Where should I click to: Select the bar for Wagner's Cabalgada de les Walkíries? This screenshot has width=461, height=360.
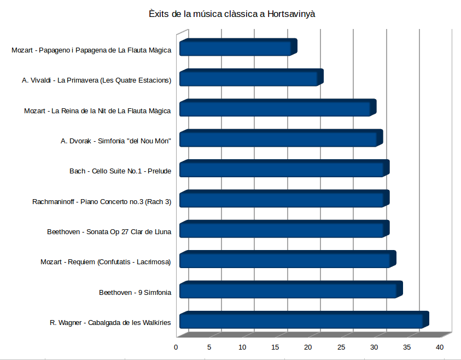click(302, 321)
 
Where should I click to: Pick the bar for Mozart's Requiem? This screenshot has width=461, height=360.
click(285, 260)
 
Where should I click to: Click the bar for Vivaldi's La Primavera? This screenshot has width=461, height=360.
click(249, 78)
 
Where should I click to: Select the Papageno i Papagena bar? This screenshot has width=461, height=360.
click(236, 48)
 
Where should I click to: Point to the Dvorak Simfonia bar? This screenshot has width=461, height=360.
click(279, 139)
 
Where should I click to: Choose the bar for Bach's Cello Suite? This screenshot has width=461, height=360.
click(282, 169)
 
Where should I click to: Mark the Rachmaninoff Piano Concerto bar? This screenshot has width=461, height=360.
click(282, 200)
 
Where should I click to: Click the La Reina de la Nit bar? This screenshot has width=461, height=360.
click(276, 108)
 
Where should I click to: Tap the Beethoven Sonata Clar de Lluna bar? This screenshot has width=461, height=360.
click(282, 230)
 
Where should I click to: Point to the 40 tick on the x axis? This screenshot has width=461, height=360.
click(440, 347)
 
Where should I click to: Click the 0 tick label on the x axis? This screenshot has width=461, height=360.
click(176, 347)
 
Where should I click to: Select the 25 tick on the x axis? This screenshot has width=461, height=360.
click(341, 347)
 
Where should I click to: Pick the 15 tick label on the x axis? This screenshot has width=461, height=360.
click(275, 347)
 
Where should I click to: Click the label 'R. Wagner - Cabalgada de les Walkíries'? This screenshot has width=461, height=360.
click(110, 323)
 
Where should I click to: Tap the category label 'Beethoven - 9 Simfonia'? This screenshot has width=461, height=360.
click(135, 293)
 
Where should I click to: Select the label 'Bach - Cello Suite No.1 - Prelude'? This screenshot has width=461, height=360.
click(120, 171)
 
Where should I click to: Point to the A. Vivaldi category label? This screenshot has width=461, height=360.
click(97, 80)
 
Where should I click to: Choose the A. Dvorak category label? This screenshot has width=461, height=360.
click(116, 141)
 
